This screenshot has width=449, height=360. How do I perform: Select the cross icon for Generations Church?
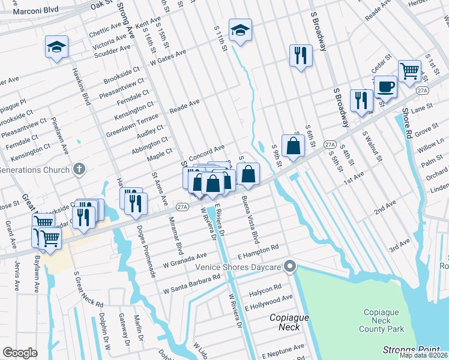pyautogui.click(x=78, y=170)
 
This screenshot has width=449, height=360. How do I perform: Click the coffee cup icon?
pyautogui.click(x=385, y=87)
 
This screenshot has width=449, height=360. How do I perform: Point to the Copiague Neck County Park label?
pyautogui.click(x=384, y=320)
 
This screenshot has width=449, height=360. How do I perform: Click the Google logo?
pyautogui.click(x=20, y=353)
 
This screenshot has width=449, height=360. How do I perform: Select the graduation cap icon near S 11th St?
pyautogui.click(x=240, y=31)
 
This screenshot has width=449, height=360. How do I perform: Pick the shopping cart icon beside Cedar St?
pyautogui.click(x=409, y=71)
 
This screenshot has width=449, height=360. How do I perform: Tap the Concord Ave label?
pyautogui.click(x=206, y=152)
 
